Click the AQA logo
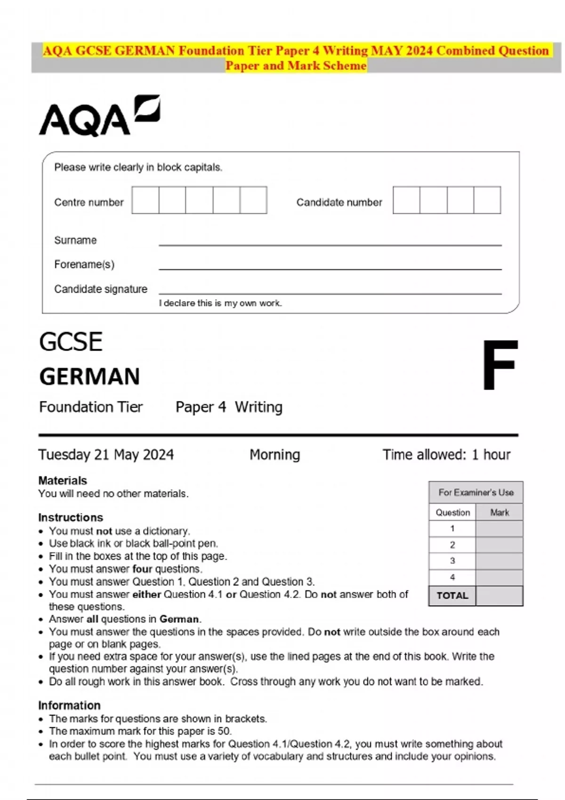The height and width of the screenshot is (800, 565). click(x=99, y=116)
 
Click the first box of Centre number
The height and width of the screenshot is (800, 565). click(x=145, y=200)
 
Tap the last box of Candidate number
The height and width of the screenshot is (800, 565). click(x=487, y=200)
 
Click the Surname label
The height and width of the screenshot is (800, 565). click(x=75, y=240)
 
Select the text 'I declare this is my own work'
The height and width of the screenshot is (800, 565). click(x=220, y=303)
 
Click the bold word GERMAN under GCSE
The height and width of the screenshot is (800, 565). click(x=89, y=376)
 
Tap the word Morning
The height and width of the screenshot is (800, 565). click(x=274, y=455)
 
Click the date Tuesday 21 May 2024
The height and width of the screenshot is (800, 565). click(x=106, y=455)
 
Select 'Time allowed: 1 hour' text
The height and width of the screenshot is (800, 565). click(x=446, y=455)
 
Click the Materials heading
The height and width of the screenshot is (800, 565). click(x=63, y=480)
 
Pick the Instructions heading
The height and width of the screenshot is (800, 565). click(x=71, y=517)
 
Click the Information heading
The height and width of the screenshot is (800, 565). click(x=69, y=705)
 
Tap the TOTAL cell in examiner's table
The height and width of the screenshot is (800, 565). click(x=452, y=595)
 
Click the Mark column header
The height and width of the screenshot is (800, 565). click(x=499, y=512)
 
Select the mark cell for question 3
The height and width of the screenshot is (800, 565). click(x=499, y=561)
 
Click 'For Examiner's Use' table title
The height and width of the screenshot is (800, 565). click(x=476, y=492)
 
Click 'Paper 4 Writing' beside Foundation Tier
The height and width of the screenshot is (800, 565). click(x=229, y=407)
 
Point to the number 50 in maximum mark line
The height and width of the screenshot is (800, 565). click(x=224, y=731)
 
